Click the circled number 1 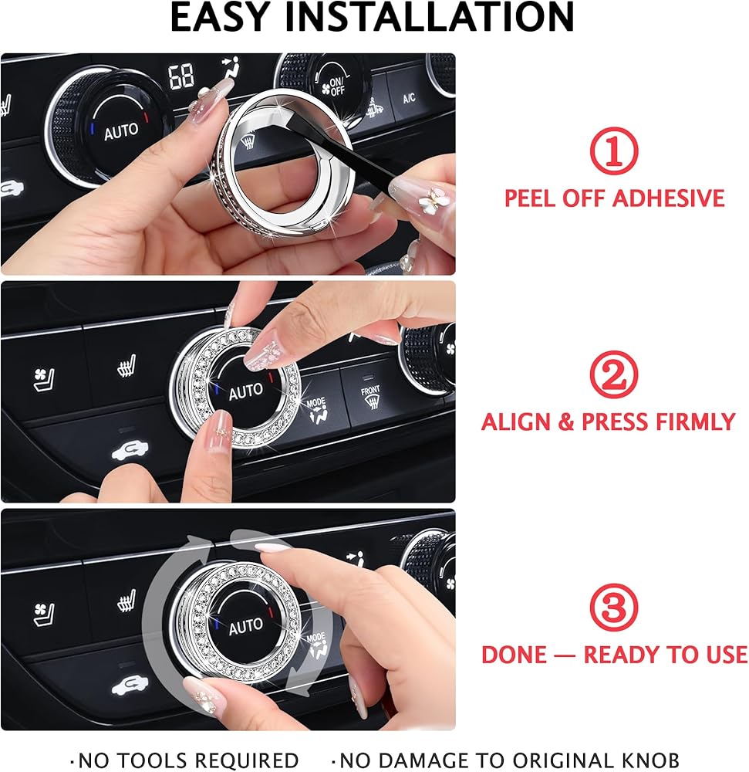click(x=613, y=151)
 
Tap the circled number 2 click(x=613, y=374)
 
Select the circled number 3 click(x=613, y=607)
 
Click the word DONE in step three click(x=514, y=655)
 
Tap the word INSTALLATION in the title click(x=430, y=17)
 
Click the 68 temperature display click(x=181, y=76)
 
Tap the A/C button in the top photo click(x=409, y=97)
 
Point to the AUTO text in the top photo click(x=121, y=131)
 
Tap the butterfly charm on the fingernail click(x=432, y=198)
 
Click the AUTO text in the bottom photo click(x=245, y=626)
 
